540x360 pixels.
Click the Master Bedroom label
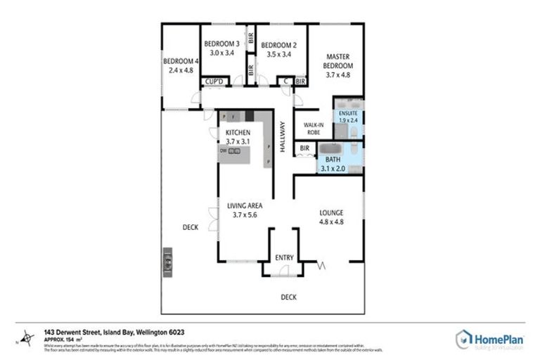337,61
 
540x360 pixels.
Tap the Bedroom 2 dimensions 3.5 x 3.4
279,55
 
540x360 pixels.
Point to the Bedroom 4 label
180,60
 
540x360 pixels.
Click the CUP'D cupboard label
213,82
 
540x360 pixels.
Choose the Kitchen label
238,132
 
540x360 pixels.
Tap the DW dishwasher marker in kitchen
222,150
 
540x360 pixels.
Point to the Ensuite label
347,112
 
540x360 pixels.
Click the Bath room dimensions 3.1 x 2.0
334,169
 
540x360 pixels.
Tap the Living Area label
244,205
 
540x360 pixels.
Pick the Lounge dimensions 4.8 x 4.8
330,221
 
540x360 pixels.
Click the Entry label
284,258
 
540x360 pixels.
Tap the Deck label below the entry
288,297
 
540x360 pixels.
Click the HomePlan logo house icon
465,339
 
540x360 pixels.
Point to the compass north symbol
26,337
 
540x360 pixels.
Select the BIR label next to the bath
304,148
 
